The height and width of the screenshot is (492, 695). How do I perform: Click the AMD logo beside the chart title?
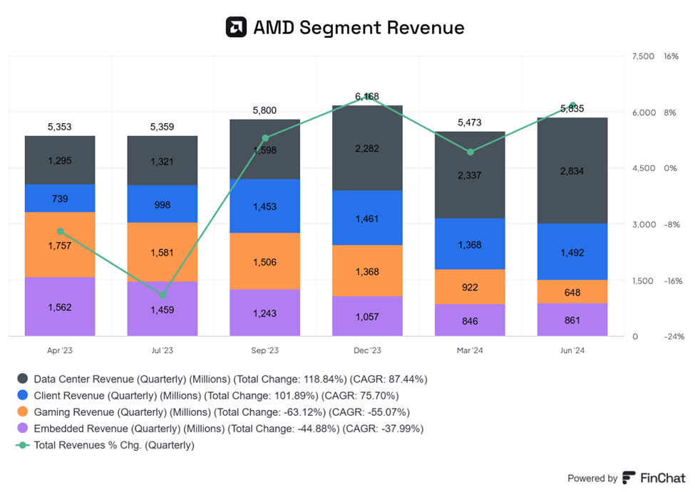[x=236, y=27]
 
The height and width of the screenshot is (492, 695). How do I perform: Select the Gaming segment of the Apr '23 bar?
[x=60, y=244]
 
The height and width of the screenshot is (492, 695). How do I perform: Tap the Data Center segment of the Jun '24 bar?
[x=572, y=171]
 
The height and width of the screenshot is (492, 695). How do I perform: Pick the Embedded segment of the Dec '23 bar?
[x=367, y=316]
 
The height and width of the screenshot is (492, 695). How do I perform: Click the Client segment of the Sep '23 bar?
[x=264, y=206]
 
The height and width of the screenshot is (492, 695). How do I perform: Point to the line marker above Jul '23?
[x=163, y=295]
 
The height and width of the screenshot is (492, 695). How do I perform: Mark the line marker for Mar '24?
[x=470, y=152]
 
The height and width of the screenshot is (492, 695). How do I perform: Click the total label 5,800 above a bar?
[x=264, y=110]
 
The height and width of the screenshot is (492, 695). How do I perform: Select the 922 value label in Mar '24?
[x=470, y=287]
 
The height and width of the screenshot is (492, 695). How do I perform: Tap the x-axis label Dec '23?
[x=367, y=350]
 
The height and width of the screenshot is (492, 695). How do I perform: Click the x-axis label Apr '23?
[x=60, y=350]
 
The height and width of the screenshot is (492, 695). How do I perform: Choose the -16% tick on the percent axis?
[x=674, y=281]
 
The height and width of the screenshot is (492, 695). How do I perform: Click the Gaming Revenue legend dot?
[x=23, y=412]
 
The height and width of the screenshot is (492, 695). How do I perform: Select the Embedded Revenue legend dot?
[x=23, y=429]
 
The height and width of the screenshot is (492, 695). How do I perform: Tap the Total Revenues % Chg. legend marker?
[x=23, y=445]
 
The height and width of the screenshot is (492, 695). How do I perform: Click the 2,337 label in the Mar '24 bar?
[x=470, y=175]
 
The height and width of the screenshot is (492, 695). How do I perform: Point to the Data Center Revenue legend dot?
[x=23, y=379]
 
